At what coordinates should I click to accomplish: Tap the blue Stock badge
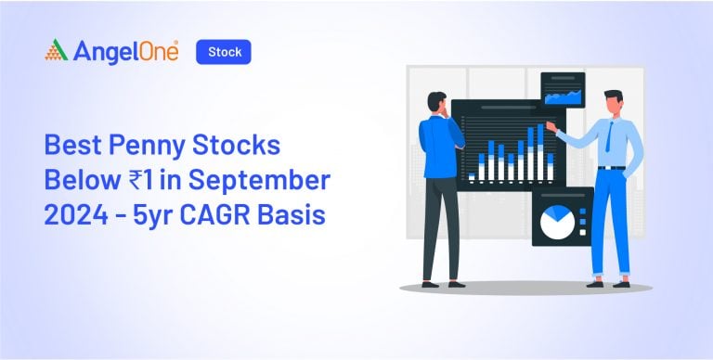point(224,52)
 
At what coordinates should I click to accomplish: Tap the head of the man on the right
point(612,102)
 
